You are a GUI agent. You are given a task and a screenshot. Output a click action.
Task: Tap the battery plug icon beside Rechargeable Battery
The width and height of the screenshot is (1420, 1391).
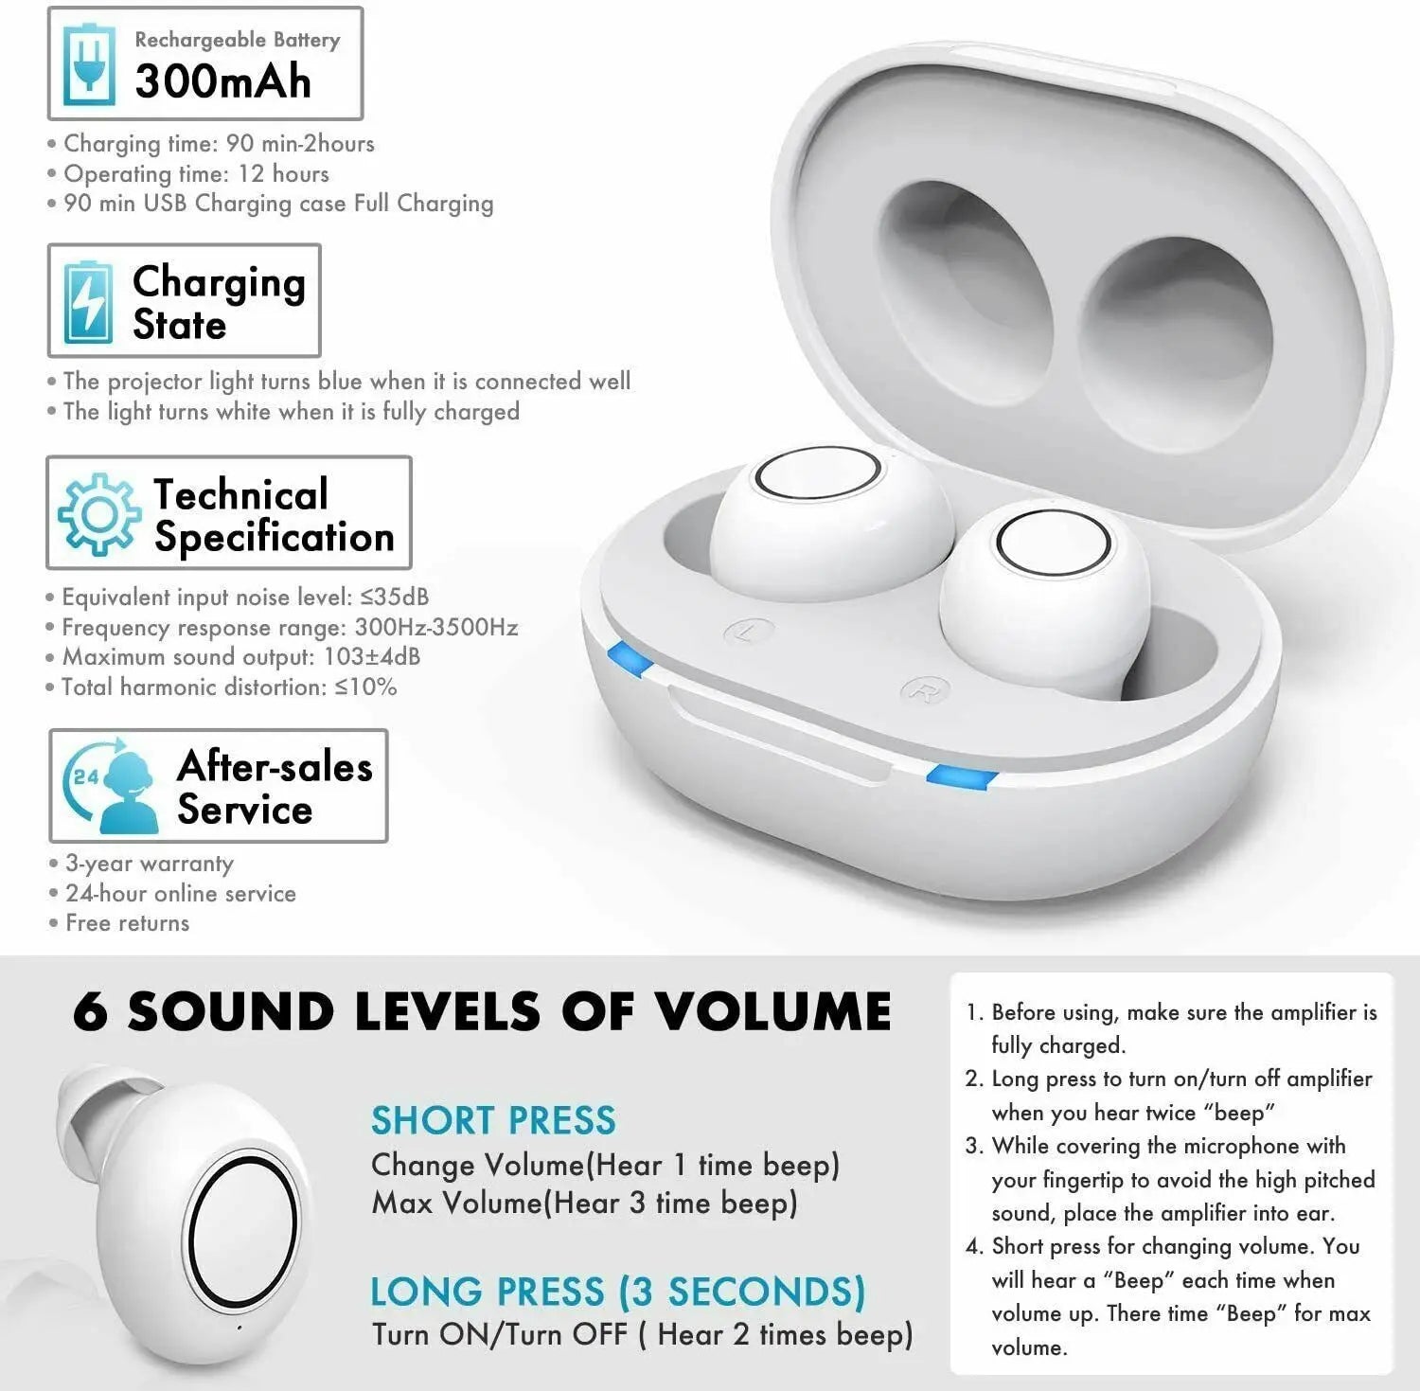(88, 65)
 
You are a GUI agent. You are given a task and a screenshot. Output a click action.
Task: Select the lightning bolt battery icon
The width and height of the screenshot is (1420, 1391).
(87, 301)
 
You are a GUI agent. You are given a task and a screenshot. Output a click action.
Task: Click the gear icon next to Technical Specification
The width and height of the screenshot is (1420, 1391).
(98, 513)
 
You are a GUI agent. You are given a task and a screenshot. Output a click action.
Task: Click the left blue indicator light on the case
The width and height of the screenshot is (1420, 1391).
(629, 658)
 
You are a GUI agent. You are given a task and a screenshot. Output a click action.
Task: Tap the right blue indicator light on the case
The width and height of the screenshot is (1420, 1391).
(962, 777)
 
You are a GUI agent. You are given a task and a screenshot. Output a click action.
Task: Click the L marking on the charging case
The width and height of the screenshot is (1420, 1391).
(748, 632)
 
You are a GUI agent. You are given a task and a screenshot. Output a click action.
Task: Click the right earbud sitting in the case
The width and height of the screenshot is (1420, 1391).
(1046, 592)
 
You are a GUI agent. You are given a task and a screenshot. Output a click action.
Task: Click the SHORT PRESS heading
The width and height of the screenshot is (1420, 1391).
(493, 1120)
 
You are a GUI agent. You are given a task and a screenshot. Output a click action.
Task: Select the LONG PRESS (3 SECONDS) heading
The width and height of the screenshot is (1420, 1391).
(617, 1292)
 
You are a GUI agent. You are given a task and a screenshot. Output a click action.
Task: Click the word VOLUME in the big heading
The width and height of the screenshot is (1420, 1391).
(772, 1011)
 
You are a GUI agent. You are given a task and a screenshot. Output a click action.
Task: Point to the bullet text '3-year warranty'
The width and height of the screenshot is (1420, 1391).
(149, 864)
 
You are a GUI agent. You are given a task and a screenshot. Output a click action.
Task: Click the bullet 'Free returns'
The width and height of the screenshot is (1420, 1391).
(127, 923)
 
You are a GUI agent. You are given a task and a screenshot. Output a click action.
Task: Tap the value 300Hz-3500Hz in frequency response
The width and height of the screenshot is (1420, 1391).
(435, 627)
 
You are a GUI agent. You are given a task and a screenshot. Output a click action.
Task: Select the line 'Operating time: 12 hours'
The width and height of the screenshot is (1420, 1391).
(196, 174)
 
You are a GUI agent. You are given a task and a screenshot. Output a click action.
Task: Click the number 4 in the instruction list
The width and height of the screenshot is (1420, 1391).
(974, 1246)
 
